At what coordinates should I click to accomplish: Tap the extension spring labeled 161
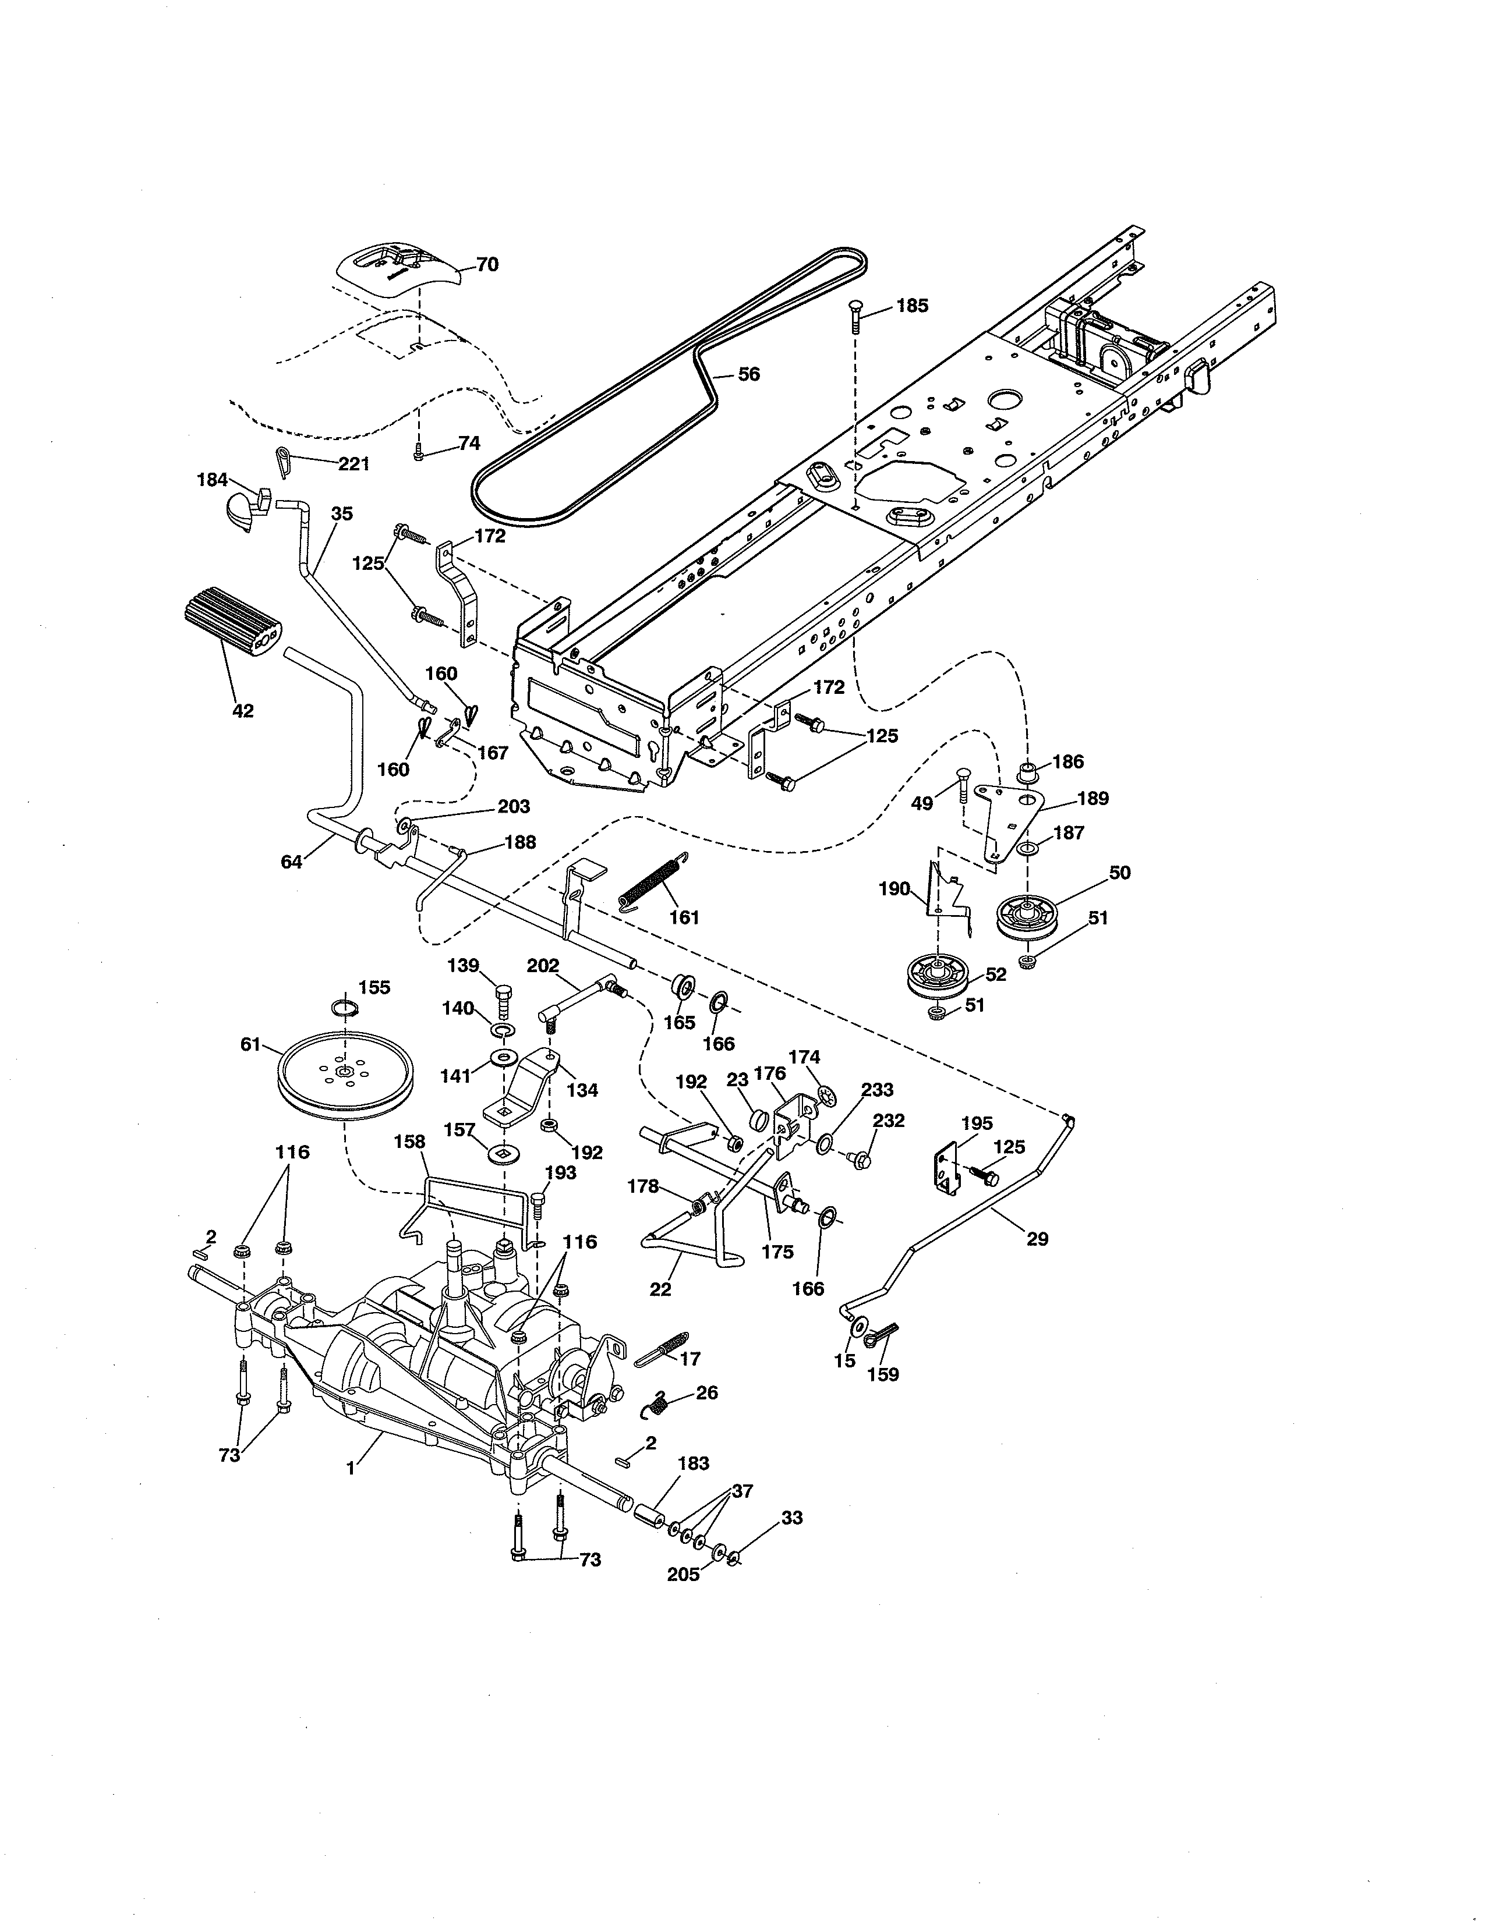click(653, 878)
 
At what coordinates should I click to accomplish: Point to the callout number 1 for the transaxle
click(350, 1468)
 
